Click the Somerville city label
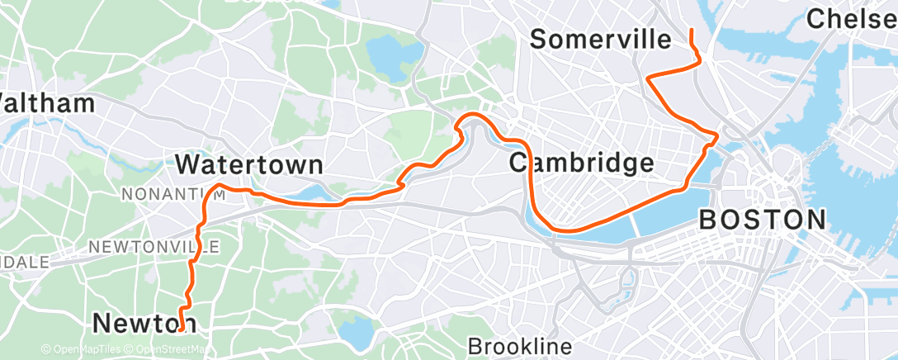coord(600,39)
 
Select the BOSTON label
coord(762,220)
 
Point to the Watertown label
coord(248,164)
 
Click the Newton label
coord(144,322)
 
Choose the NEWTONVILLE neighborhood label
coord(154,247)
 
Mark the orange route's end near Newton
coord(180,329)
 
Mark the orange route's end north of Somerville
coord(689,30)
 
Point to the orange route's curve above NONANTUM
coord(219,186)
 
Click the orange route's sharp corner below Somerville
coord(648,79)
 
